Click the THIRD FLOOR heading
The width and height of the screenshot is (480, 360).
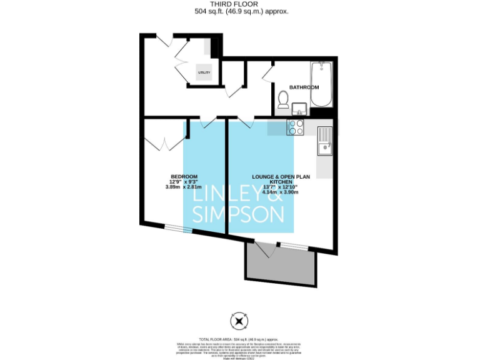(240, 4)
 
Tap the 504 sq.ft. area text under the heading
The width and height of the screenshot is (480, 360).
(240, 11)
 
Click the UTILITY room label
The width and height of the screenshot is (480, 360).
(204, 72)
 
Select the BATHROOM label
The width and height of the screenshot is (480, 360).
(304, 87)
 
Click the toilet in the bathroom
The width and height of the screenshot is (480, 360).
(283, 99)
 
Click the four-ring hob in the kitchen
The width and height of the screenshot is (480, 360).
(295, 127)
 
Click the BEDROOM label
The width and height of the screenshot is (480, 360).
(184, 176)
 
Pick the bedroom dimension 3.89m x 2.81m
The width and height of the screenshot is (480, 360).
(184, 187)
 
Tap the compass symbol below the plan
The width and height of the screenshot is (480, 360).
(239, 322)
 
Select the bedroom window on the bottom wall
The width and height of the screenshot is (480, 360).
(178, 229)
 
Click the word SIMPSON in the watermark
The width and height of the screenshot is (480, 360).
(238, 215)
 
